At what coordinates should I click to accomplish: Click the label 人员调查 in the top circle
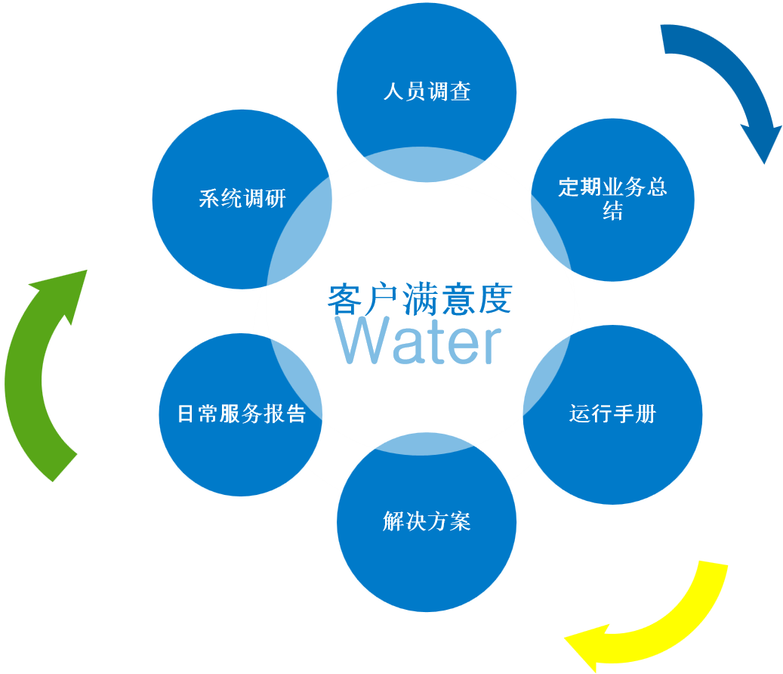427,92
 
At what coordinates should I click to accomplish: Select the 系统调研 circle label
242,199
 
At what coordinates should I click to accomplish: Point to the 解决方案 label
427,521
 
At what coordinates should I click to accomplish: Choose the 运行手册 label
612,414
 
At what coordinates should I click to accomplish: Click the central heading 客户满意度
420,299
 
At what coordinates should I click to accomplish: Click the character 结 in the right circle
612,212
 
